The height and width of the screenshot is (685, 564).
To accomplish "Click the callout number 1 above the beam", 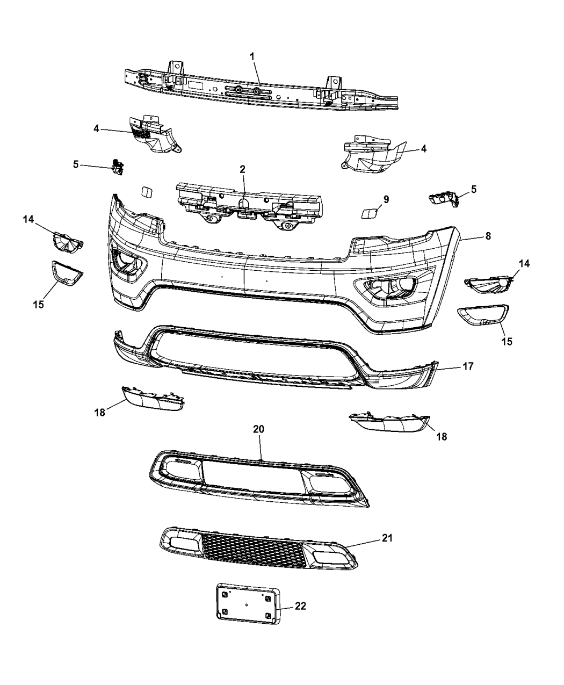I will (x=253, y=56).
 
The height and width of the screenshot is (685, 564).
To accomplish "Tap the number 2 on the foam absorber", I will (x=242, y=169).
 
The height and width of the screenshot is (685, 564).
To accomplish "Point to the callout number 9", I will (x=386, y=199).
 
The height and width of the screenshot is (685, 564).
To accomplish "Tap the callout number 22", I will (x=300, y=606).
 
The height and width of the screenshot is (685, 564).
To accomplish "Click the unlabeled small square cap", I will (x=146, y=193).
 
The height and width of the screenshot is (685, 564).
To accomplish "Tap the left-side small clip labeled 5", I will (x=117, y=167).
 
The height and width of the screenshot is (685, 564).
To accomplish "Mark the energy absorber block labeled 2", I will (x=250, y=204).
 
